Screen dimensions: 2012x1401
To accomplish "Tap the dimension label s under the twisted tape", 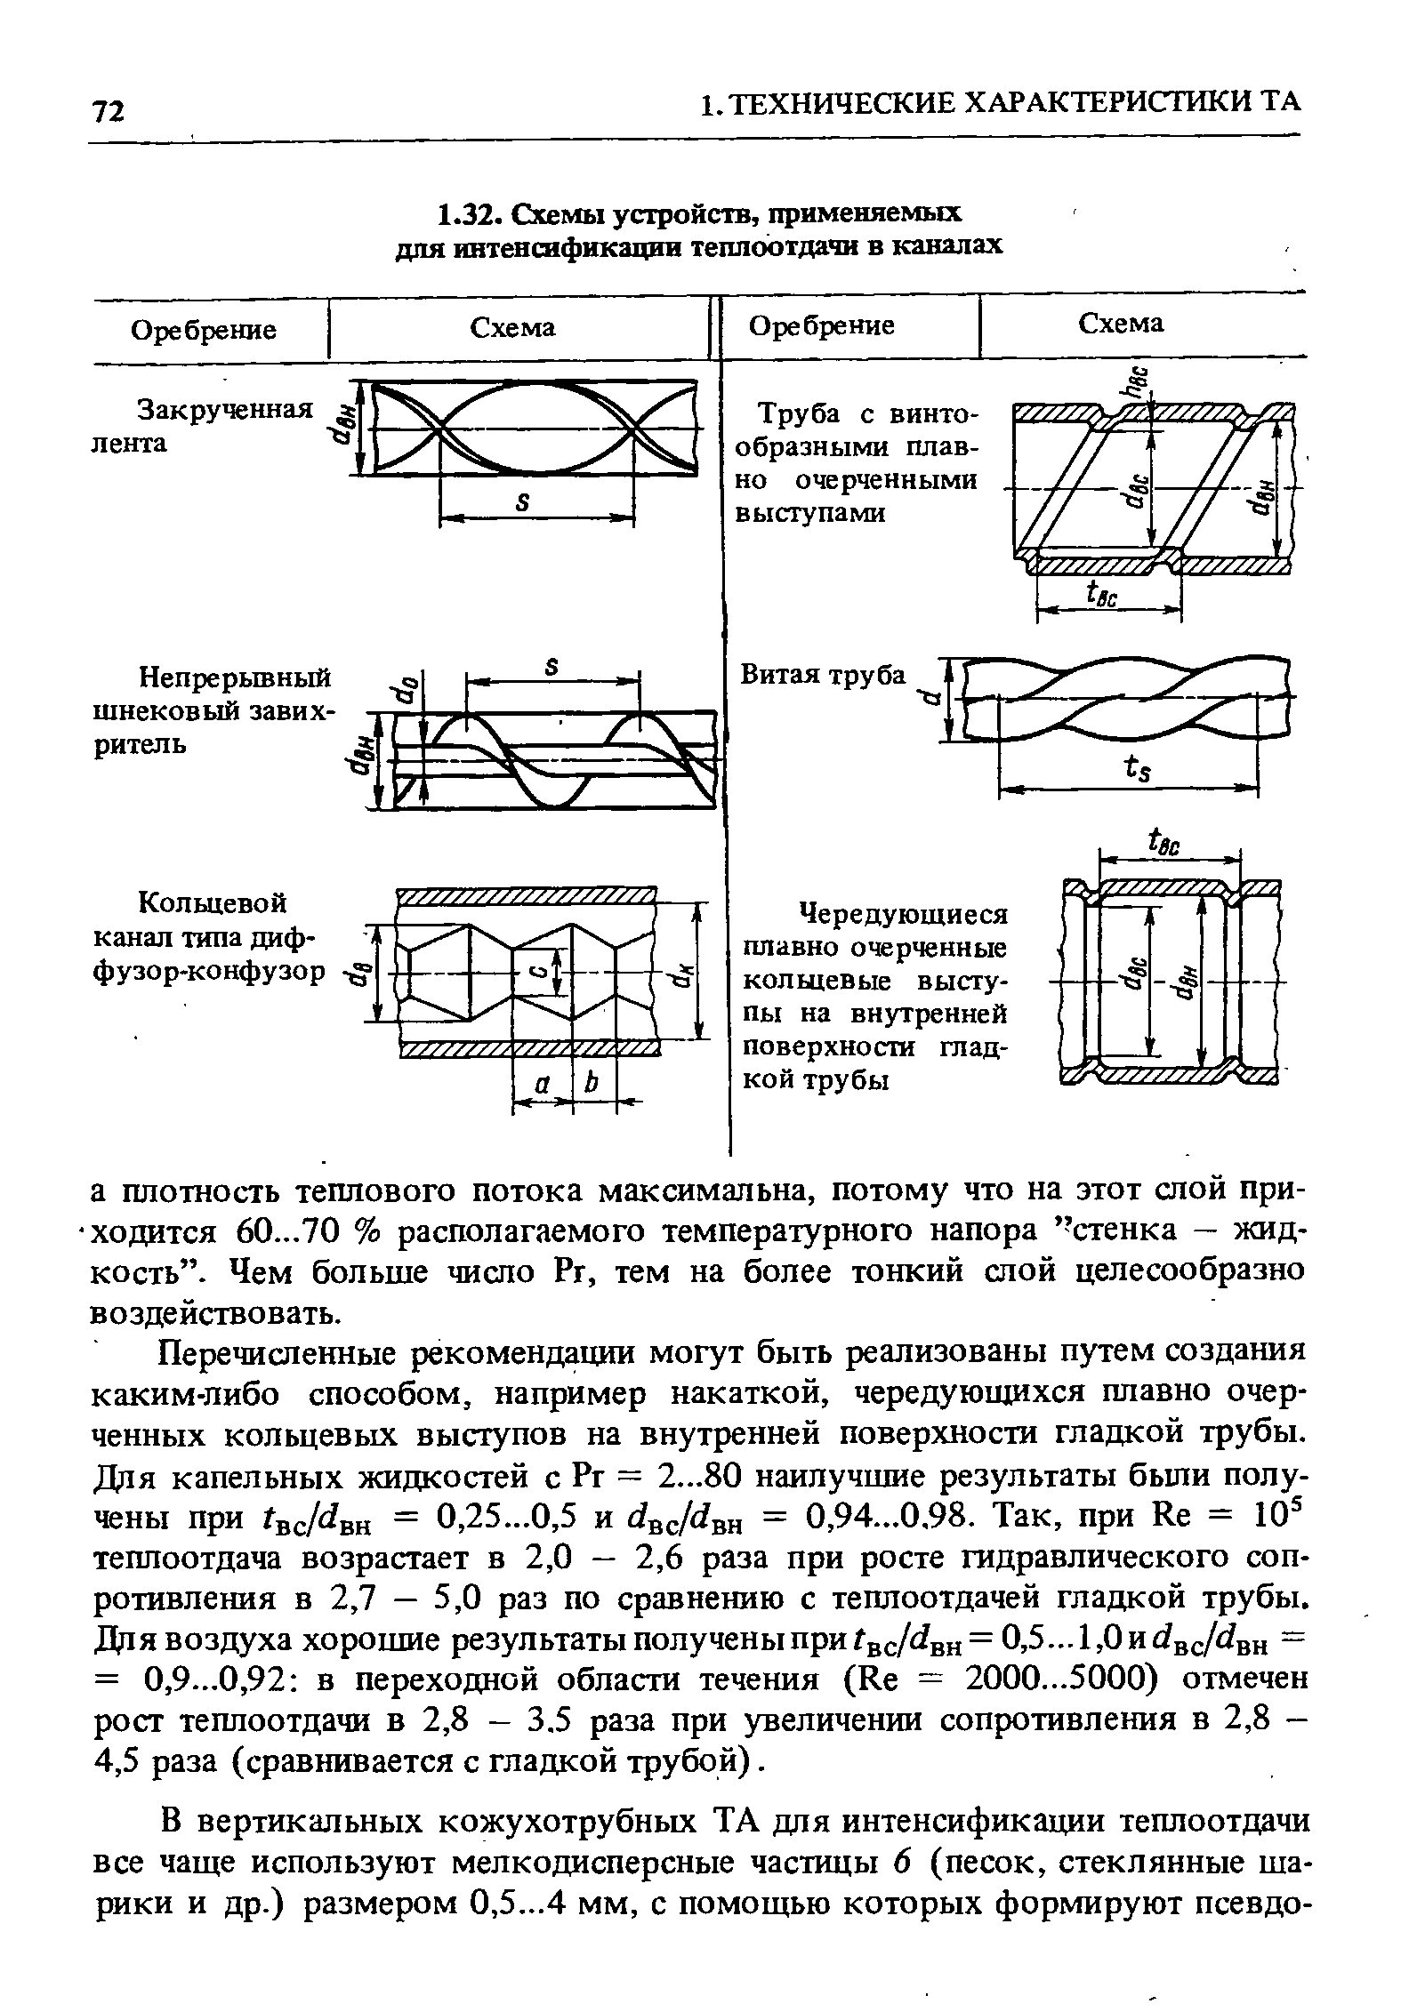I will click(x=524, y=502).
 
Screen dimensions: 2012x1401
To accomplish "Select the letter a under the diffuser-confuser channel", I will click(x=541, y=1084).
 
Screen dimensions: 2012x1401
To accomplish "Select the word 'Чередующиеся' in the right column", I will click(x=904, y=914).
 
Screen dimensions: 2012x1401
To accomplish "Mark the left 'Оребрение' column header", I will click(x=204, y=331).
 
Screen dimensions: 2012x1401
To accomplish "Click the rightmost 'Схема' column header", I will click(x=1121, y=324).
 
